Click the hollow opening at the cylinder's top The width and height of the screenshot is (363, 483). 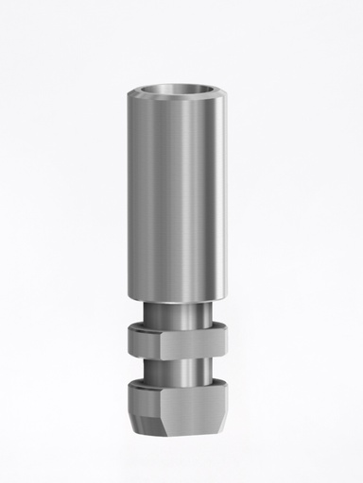click(180, 92)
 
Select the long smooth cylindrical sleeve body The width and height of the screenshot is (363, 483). click(180, 189)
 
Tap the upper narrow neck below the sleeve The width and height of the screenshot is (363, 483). click(180, 312)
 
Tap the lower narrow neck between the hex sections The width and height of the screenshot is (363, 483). click(180, 370)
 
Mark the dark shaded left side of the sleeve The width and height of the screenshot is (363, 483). click(132, 189)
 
